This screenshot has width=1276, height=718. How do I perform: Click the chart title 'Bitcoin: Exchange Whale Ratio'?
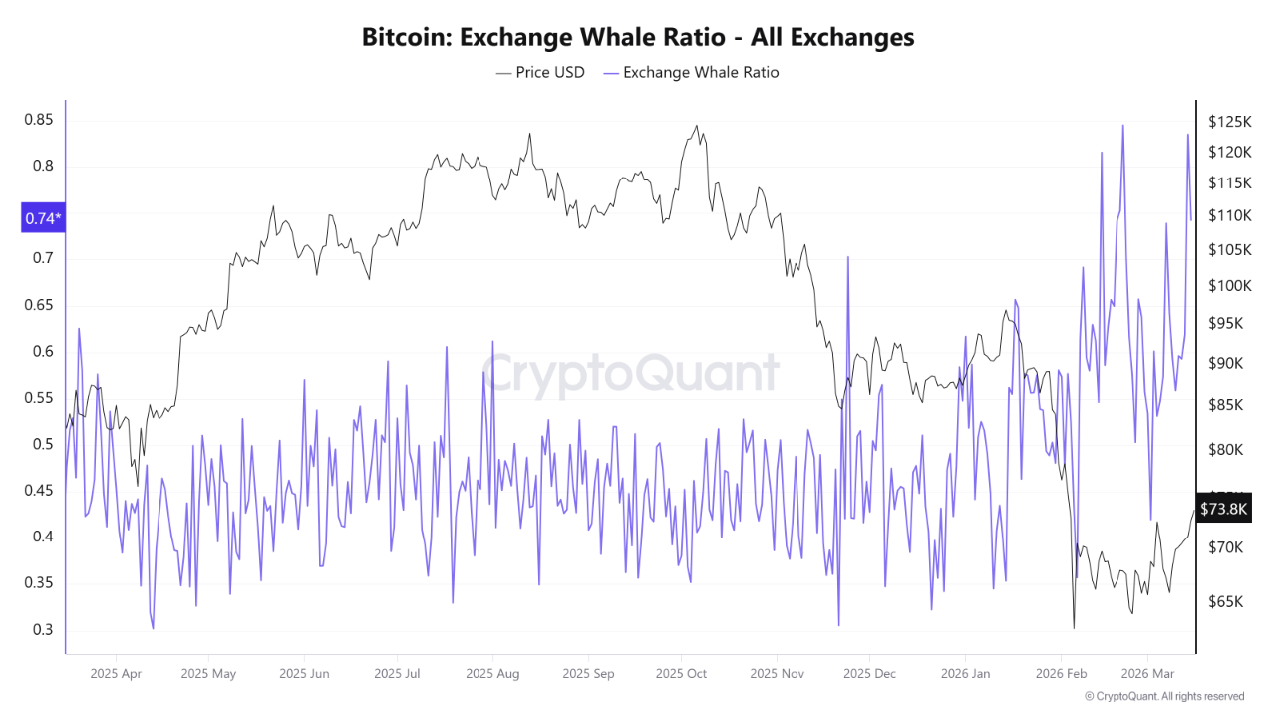pos(637,38)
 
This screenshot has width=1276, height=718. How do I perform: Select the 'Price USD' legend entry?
pos(541,72)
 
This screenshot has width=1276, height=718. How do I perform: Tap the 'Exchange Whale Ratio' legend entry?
pos(690,72)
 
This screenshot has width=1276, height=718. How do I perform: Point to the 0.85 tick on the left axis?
pos(39,120)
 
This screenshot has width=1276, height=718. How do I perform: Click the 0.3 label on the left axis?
pos(43,629)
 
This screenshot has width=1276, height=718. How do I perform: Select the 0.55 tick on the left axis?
pos(39,398)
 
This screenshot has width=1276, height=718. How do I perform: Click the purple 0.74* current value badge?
pos(43,218)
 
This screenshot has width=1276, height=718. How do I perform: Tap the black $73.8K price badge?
pos(1223,509)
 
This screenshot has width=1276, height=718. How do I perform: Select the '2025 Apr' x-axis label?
pos(116,674)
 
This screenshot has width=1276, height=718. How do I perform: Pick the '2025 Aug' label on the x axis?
pos(492,674)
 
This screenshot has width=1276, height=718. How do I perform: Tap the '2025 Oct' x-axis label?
pos(681,674)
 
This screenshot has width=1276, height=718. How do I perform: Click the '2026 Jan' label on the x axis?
pos(967,674)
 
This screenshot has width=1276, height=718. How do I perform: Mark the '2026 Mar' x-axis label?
pos(1147,674)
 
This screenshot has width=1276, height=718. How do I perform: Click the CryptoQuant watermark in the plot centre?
pos(630,374)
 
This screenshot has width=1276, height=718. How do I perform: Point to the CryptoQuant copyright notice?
pos(1163,696)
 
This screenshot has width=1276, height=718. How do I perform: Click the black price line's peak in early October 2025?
pos(696,126)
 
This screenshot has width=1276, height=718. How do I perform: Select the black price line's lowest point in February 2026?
pos(1074,628)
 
